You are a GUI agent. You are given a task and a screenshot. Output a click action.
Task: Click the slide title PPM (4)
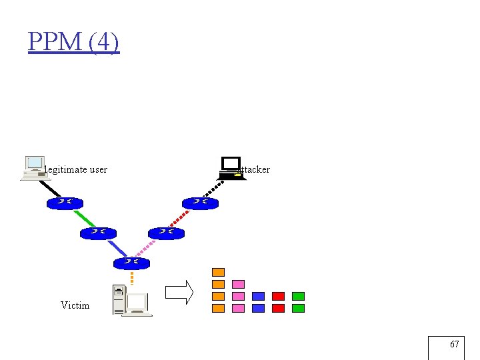click(74, 42)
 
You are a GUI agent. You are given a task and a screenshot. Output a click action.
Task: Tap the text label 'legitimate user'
click(75, 169)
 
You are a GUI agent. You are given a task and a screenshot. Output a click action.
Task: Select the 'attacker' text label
click(253, 169)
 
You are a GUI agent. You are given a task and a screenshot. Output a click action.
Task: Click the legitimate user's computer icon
click(34, 168)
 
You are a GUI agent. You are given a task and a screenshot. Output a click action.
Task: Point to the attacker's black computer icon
click(231, 168)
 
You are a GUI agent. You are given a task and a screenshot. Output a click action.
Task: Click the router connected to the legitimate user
click(65, 203)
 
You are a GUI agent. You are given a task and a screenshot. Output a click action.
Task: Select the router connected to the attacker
click(200, 203)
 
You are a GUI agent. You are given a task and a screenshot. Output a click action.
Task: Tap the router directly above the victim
click(132, 263)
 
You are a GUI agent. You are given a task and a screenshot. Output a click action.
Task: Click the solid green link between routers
click(85, 219)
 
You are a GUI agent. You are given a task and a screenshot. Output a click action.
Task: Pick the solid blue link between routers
click(117, 248)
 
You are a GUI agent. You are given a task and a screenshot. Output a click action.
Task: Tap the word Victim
click(75, 305)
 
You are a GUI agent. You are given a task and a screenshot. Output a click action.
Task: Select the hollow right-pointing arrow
click(179, 292)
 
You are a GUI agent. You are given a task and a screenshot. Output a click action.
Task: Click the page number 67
click(454, 345)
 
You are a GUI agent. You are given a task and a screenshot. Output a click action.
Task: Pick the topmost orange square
click(218, 272)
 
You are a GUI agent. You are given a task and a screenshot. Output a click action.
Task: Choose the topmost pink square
click(238, 284)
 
